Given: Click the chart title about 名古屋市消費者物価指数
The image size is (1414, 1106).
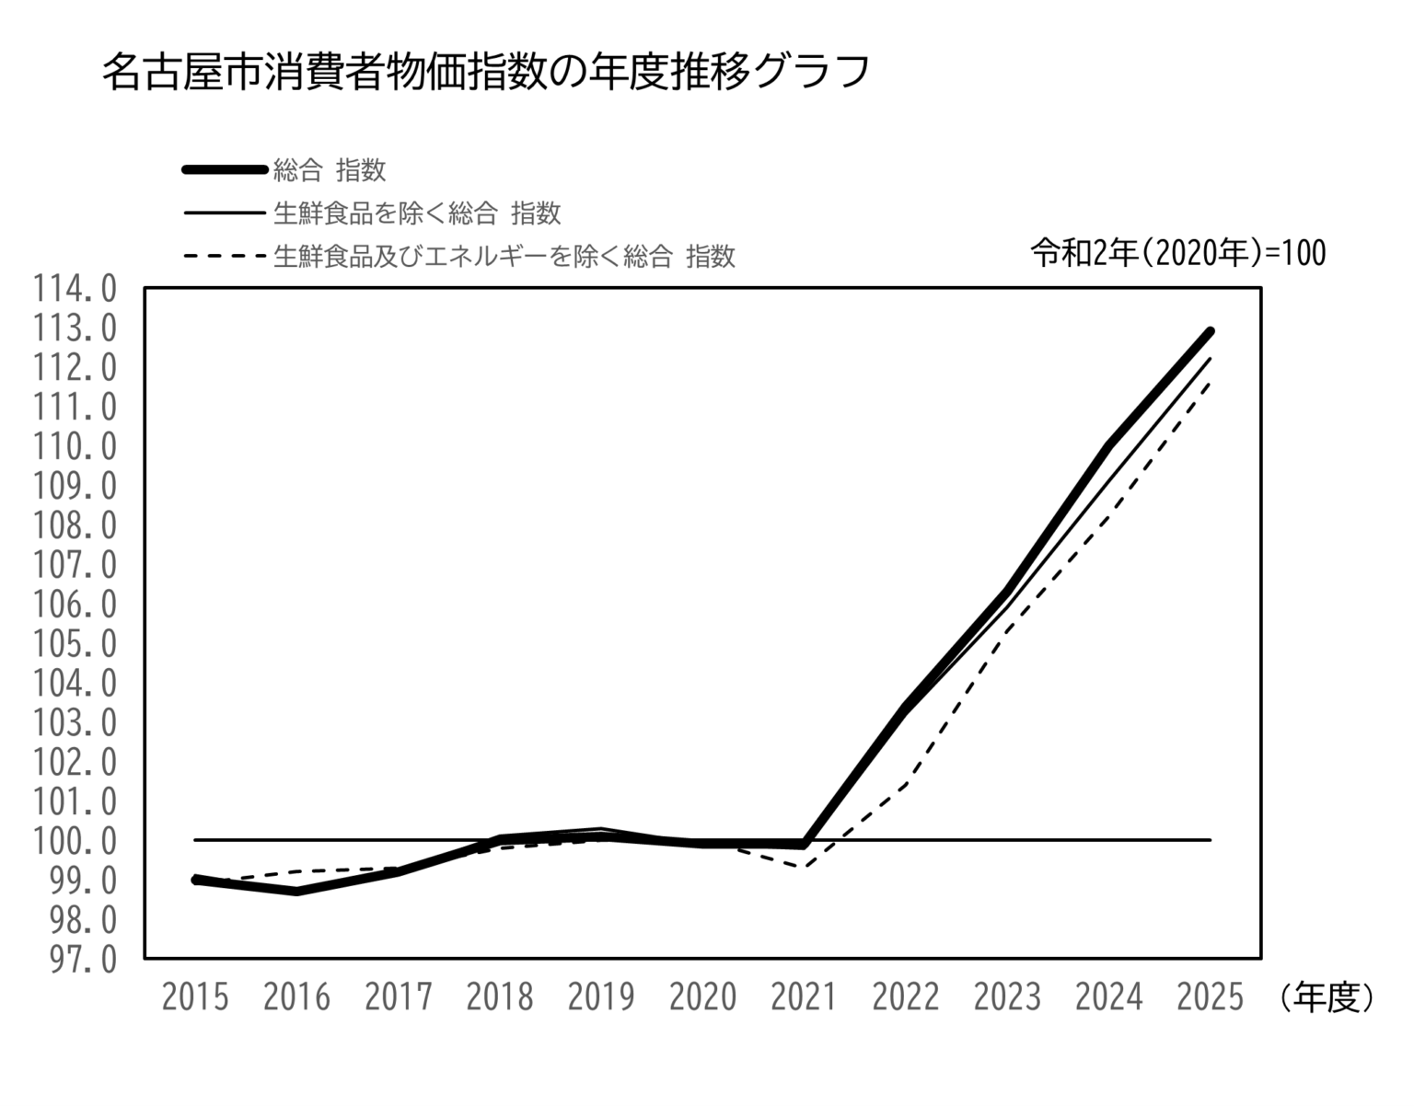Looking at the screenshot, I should [485, 72].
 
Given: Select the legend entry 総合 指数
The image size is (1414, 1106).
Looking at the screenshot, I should [329, 170].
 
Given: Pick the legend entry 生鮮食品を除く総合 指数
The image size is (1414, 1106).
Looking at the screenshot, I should [416, 213].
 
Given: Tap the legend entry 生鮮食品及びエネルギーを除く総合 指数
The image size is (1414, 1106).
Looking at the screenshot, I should [504, 256].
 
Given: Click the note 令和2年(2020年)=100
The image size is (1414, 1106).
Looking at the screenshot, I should [1177, 252].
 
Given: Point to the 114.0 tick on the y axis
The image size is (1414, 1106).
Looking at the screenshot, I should [75, 289].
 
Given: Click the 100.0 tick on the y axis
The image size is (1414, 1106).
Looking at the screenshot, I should [75, 841].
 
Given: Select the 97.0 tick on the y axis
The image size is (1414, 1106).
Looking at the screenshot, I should [75, 960].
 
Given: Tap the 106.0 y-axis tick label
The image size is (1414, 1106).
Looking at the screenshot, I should [75, 605].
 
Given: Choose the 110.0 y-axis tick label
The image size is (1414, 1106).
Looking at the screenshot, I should [75, 447].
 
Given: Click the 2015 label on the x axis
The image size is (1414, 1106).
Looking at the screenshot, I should [195, 997].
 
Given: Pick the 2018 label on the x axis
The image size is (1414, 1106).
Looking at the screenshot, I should [500, 997].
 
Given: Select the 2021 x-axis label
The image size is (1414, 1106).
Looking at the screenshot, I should [804, 997].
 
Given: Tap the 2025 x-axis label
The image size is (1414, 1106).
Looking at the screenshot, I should [1210, 997].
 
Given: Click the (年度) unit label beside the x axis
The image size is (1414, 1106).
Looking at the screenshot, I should [1326, 997].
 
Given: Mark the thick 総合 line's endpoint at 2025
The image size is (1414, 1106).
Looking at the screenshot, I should [1211, 331].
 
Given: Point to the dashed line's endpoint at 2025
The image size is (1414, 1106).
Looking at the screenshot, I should [1211, 382].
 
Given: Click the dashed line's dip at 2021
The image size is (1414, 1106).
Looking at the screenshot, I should [805, 866].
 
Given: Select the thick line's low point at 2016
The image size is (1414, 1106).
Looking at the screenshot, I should [296, 891].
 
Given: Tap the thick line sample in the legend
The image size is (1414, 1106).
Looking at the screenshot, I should [225, 169].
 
